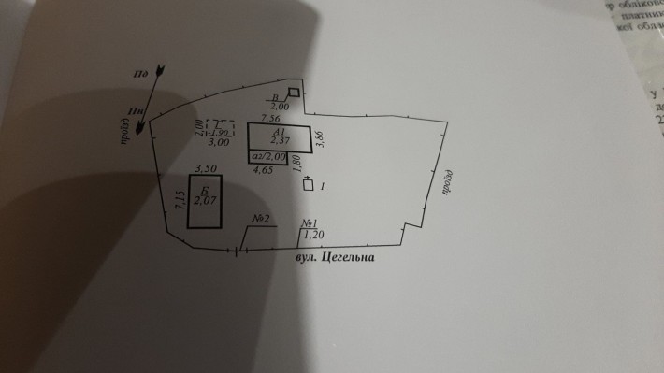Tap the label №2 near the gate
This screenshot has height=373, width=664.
coord(260,220)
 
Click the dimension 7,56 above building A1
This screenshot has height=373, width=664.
coord(271,120)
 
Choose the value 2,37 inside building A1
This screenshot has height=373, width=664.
coord(277,141)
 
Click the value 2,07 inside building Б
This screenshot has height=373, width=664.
coord(204,200)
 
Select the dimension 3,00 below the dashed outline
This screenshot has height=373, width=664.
coord(217,143)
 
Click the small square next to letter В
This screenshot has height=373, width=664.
coord(294,93)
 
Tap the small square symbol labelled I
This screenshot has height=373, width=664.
coord(308,185)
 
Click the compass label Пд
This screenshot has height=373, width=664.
coord(142,72)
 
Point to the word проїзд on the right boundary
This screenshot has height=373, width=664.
coord(447,182)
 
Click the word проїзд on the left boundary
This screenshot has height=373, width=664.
coord(124,136)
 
